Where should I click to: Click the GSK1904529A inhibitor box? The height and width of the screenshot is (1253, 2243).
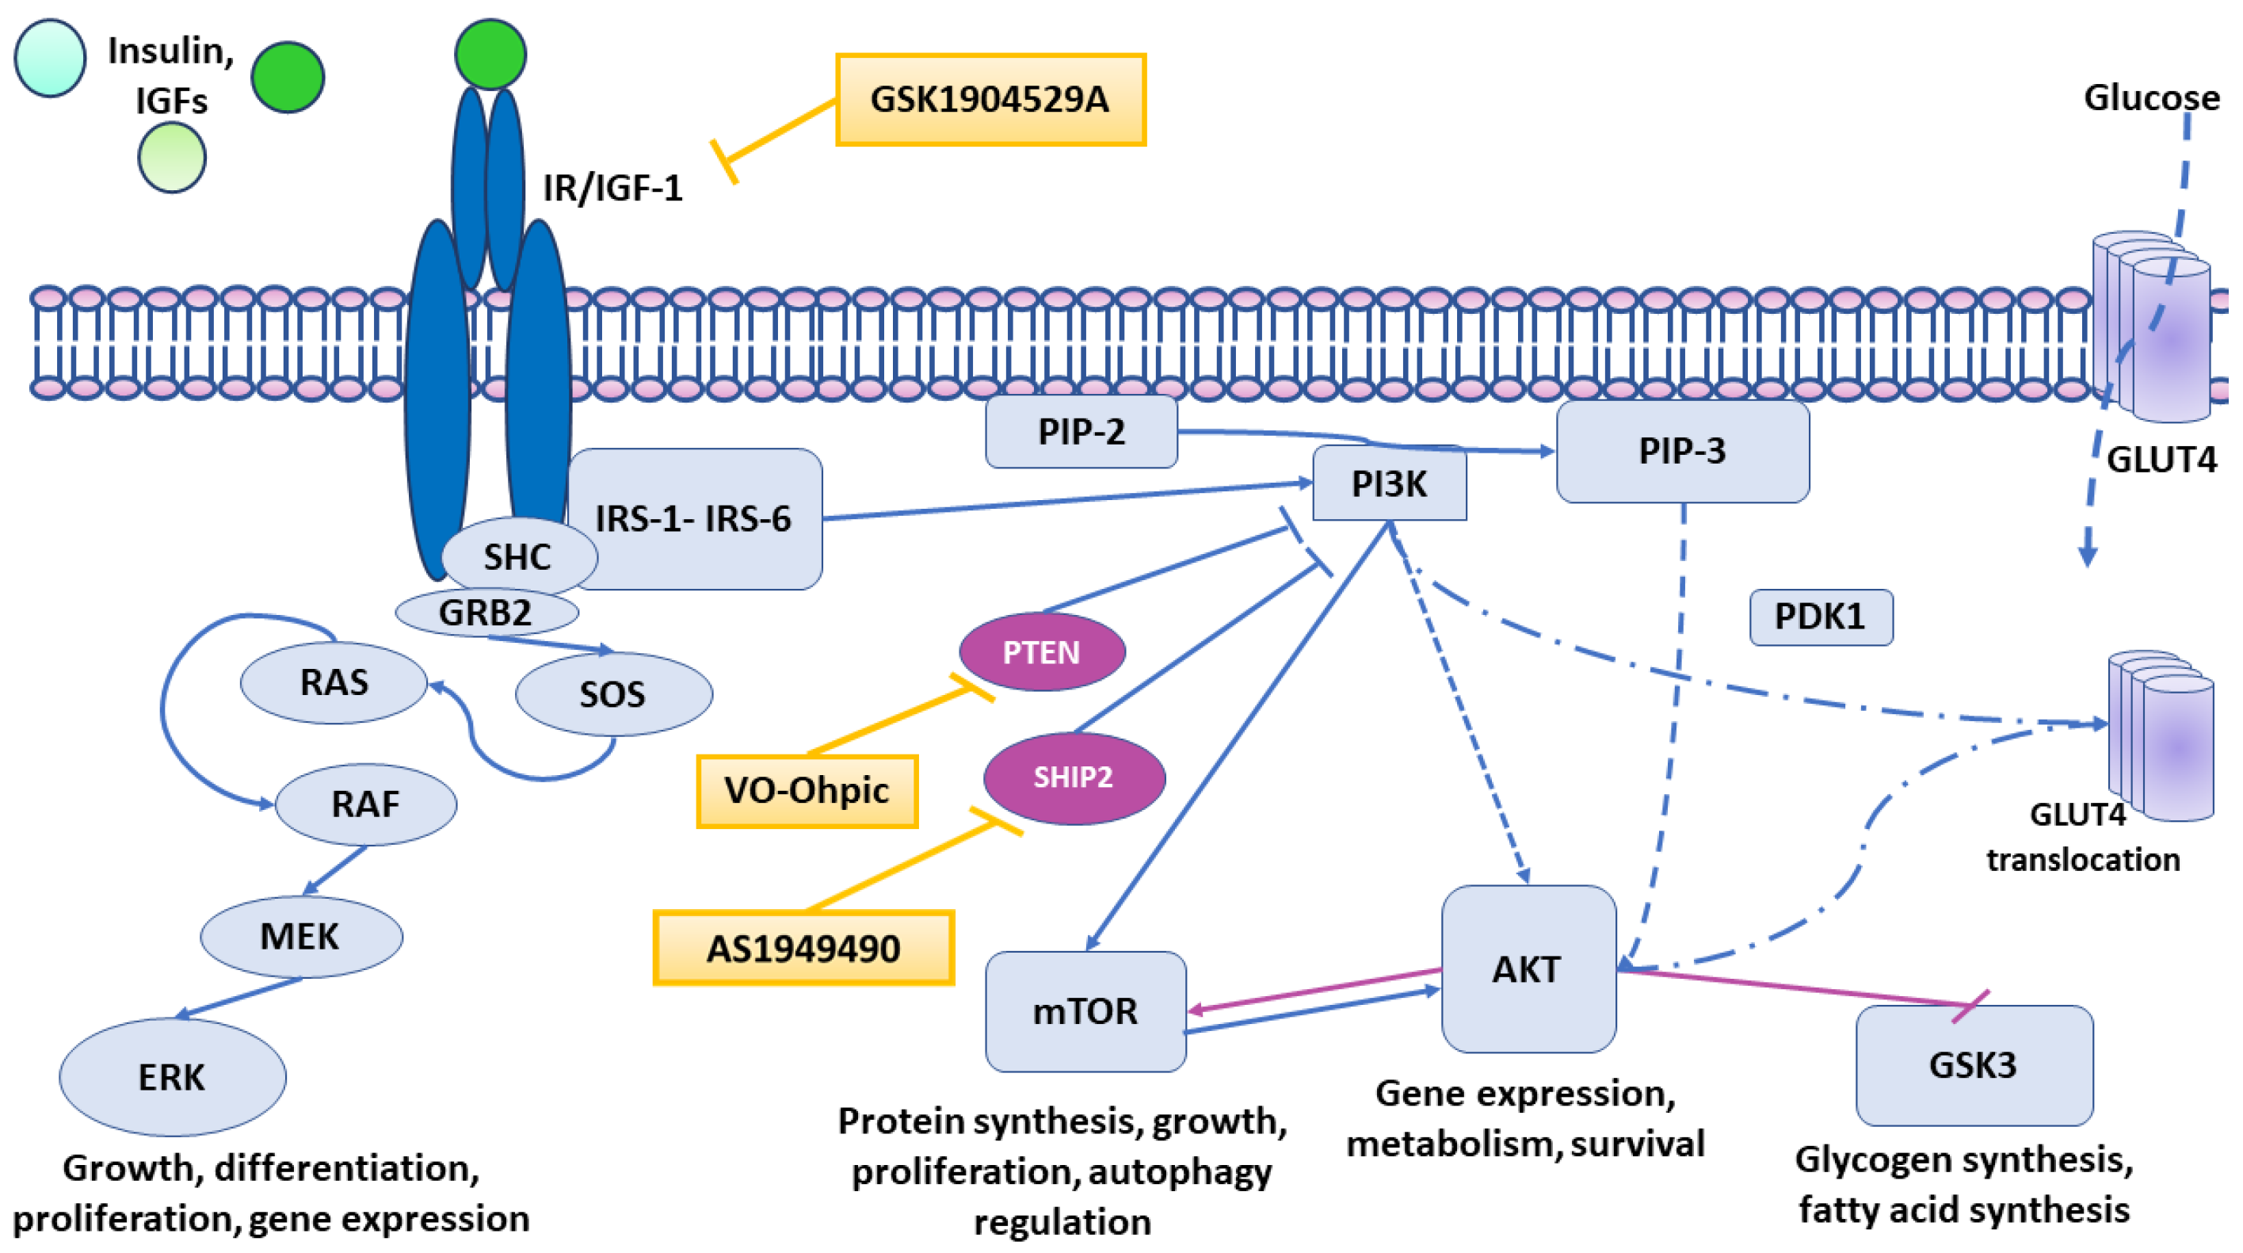point(990,99)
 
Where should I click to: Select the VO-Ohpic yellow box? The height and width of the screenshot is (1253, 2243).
point(807,791)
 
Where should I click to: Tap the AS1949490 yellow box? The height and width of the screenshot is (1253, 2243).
point(803,948)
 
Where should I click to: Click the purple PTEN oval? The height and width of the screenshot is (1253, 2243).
point(1041,652)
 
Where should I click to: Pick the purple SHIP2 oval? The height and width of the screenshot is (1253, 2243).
point(1074,777)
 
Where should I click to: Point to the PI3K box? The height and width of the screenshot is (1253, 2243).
point(1389,483)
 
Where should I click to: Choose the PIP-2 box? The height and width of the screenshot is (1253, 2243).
point(1081,432)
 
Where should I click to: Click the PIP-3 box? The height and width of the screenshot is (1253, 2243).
point(1681,451)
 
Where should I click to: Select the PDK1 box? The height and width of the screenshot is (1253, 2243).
point(1820,617)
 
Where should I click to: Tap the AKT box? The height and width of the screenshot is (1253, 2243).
point(1528,969)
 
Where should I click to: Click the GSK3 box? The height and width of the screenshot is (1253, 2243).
point(1973,1065)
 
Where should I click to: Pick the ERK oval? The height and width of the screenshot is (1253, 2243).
point(172,1077)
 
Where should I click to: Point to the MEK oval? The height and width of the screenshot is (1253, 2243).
point(300,936)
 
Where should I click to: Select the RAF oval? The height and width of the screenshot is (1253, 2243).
point(366,804)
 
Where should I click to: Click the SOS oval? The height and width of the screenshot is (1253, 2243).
point(613,694)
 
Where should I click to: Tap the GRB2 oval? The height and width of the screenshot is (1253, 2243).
point(486,612)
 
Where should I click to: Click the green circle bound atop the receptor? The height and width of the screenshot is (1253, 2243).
point(490,54)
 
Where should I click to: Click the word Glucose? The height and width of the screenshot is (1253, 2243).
point(2151,97)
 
